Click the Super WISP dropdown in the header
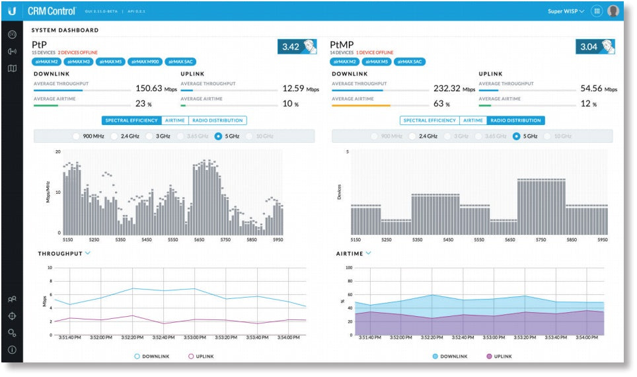click(x=566, y=11)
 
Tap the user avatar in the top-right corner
click(x=613, y=11)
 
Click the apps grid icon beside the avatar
click(x=596, y=11)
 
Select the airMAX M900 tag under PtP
click(x=145, y=62)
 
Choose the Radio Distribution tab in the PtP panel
click(x=217, y=120)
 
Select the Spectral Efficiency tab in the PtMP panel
click(x=430, y=120)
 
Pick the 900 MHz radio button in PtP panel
click(x=77, y=136)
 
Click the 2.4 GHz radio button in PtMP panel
click(x=412, y=136)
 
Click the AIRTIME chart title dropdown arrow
click(x=369, y=253)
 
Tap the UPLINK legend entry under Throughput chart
click(x=201, y=356)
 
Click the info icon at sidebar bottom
click(x=12, y=349)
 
